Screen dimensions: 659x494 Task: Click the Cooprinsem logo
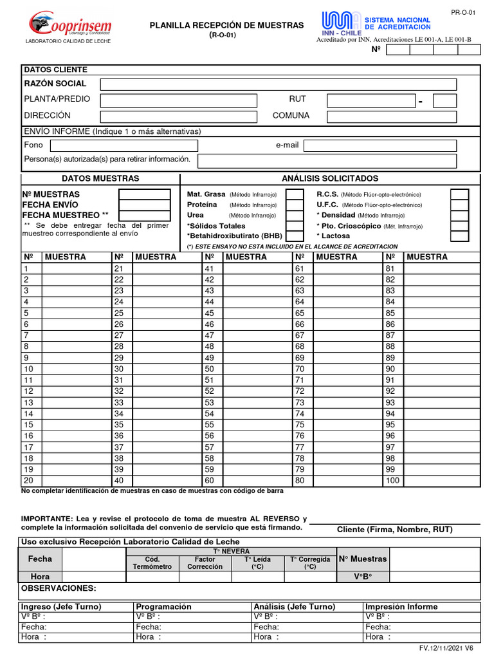point(70,26)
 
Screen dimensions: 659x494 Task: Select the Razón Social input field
point(278,84)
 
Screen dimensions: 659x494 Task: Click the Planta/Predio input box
point(178,100)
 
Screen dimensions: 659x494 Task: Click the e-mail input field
point(380,145)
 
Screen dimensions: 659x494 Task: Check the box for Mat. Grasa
point(295,194)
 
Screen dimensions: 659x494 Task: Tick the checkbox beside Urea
point(295,216)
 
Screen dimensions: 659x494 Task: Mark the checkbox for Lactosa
point(459,236)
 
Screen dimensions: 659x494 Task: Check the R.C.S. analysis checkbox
point(459,194)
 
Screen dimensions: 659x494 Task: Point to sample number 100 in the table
point(392,481)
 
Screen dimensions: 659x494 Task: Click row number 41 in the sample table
point(209,268)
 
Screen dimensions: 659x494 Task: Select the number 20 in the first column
point(28,481)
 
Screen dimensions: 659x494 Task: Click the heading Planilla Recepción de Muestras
point(226,25)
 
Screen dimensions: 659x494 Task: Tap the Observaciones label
point(59,588)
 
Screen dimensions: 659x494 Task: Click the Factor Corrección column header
point(205,563)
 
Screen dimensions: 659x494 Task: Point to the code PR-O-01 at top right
point(458,11)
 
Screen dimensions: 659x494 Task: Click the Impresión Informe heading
point(401,607)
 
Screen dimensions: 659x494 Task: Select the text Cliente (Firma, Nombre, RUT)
point(395,530)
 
